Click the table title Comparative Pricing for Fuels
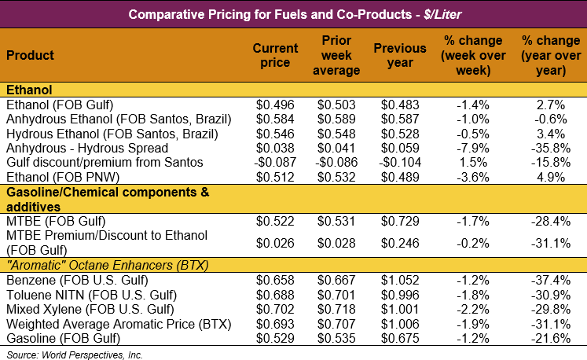[293, 14]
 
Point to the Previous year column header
[399, 56]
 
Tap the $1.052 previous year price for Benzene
[399, 281]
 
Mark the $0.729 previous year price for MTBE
[399, 221]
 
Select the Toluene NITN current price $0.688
[275, 295]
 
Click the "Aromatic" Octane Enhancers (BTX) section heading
[107, 265]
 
